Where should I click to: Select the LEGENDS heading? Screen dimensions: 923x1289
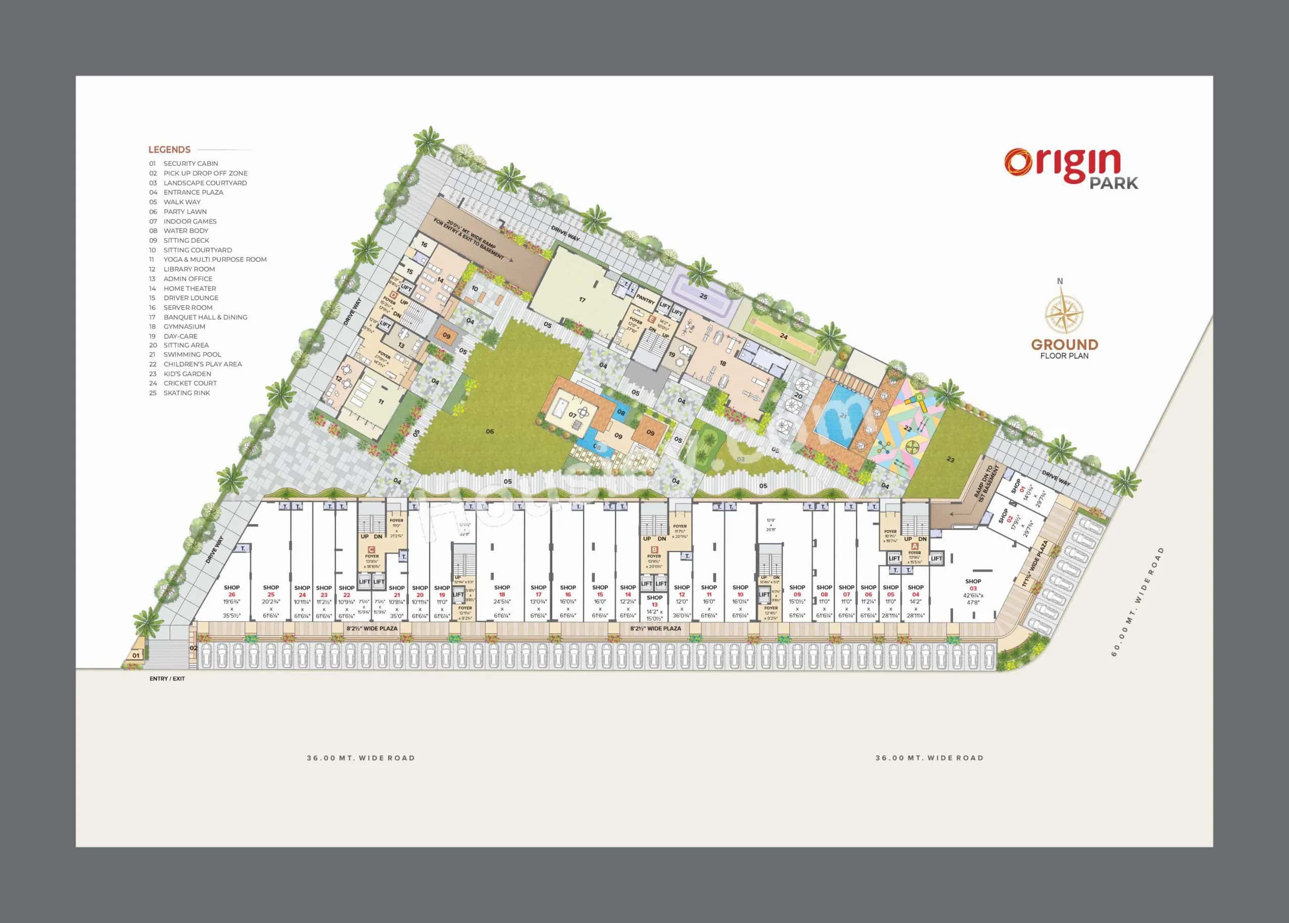pyautogui.click(x=169, y=150)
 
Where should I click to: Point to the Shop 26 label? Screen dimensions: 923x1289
pyautogui.click(x=232, y=591)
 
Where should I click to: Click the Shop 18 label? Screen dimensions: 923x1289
pyautogui.click(x=502, y=591)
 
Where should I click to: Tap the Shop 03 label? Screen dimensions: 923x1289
pyautogui.click(x=973, y=585)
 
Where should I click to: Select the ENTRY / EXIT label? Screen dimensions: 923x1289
pyautogui.click(x=167, y=679)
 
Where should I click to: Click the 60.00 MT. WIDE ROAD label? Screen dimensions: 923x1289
pyautogui.click(x=1137, y=602)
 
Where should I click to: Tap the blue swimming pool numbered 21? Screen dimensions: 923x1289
pyautogui.click(x=841, y=418)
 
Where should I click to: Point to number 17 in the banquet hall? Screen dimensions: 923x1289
pyautogui.click(x=582, y=300)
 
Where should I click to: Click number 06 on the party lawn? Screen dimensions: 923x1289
pyautogui.click(x=490, y=431)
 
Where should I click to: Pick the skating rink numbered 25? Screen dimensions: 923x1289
pyautogui.click(x=703, y=297)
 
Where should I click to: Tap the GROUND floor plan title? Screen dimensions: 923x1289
pyautogui.click(x=1064, y=344)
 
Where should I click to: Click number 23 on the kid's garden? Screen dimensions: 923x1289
pyautogui.click(x=950, y=460)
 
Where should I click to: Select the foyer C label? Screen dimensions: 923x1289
pyautogui.click(x=371, y=549)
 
